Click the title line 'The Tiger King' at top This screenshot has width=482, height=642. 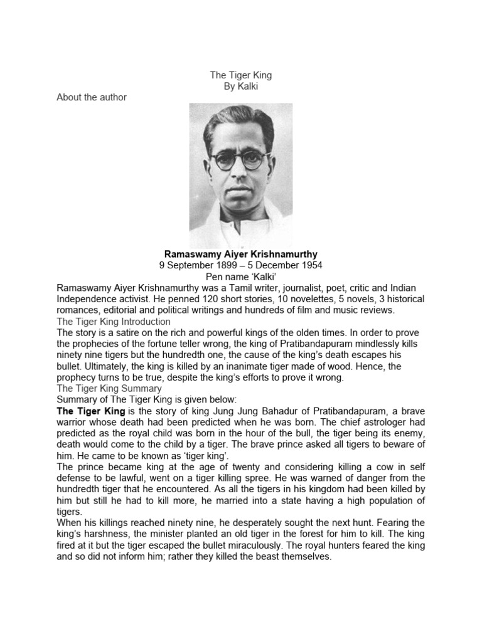pyautogui.click(x=241, y=75)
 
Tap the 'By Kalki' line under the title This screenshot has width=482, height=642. pyautogui.click(x=241, y=86)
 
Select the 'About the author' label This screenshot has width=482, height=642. pyautogui.click(x=92, y=97)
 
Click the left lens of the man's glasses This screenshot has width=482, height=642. pyautogui.click(x=223, y=160)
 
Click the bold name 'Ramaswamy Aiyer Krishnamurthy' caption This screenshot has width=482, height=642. pyautogui.click(x=241, y=254)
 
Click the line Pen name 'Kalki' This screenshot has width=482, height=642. pyautogui.click(x=241, y=276)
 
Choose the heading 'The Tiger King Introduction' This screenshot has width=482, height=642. pyautogui.click(x=114, y=322)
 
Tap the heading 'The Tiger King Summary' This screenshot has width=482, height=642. pyautogui.click(x=109, y=388)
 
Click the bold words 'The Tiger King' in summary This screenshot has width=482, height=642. pyautogui.click(x=91, y=411)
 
